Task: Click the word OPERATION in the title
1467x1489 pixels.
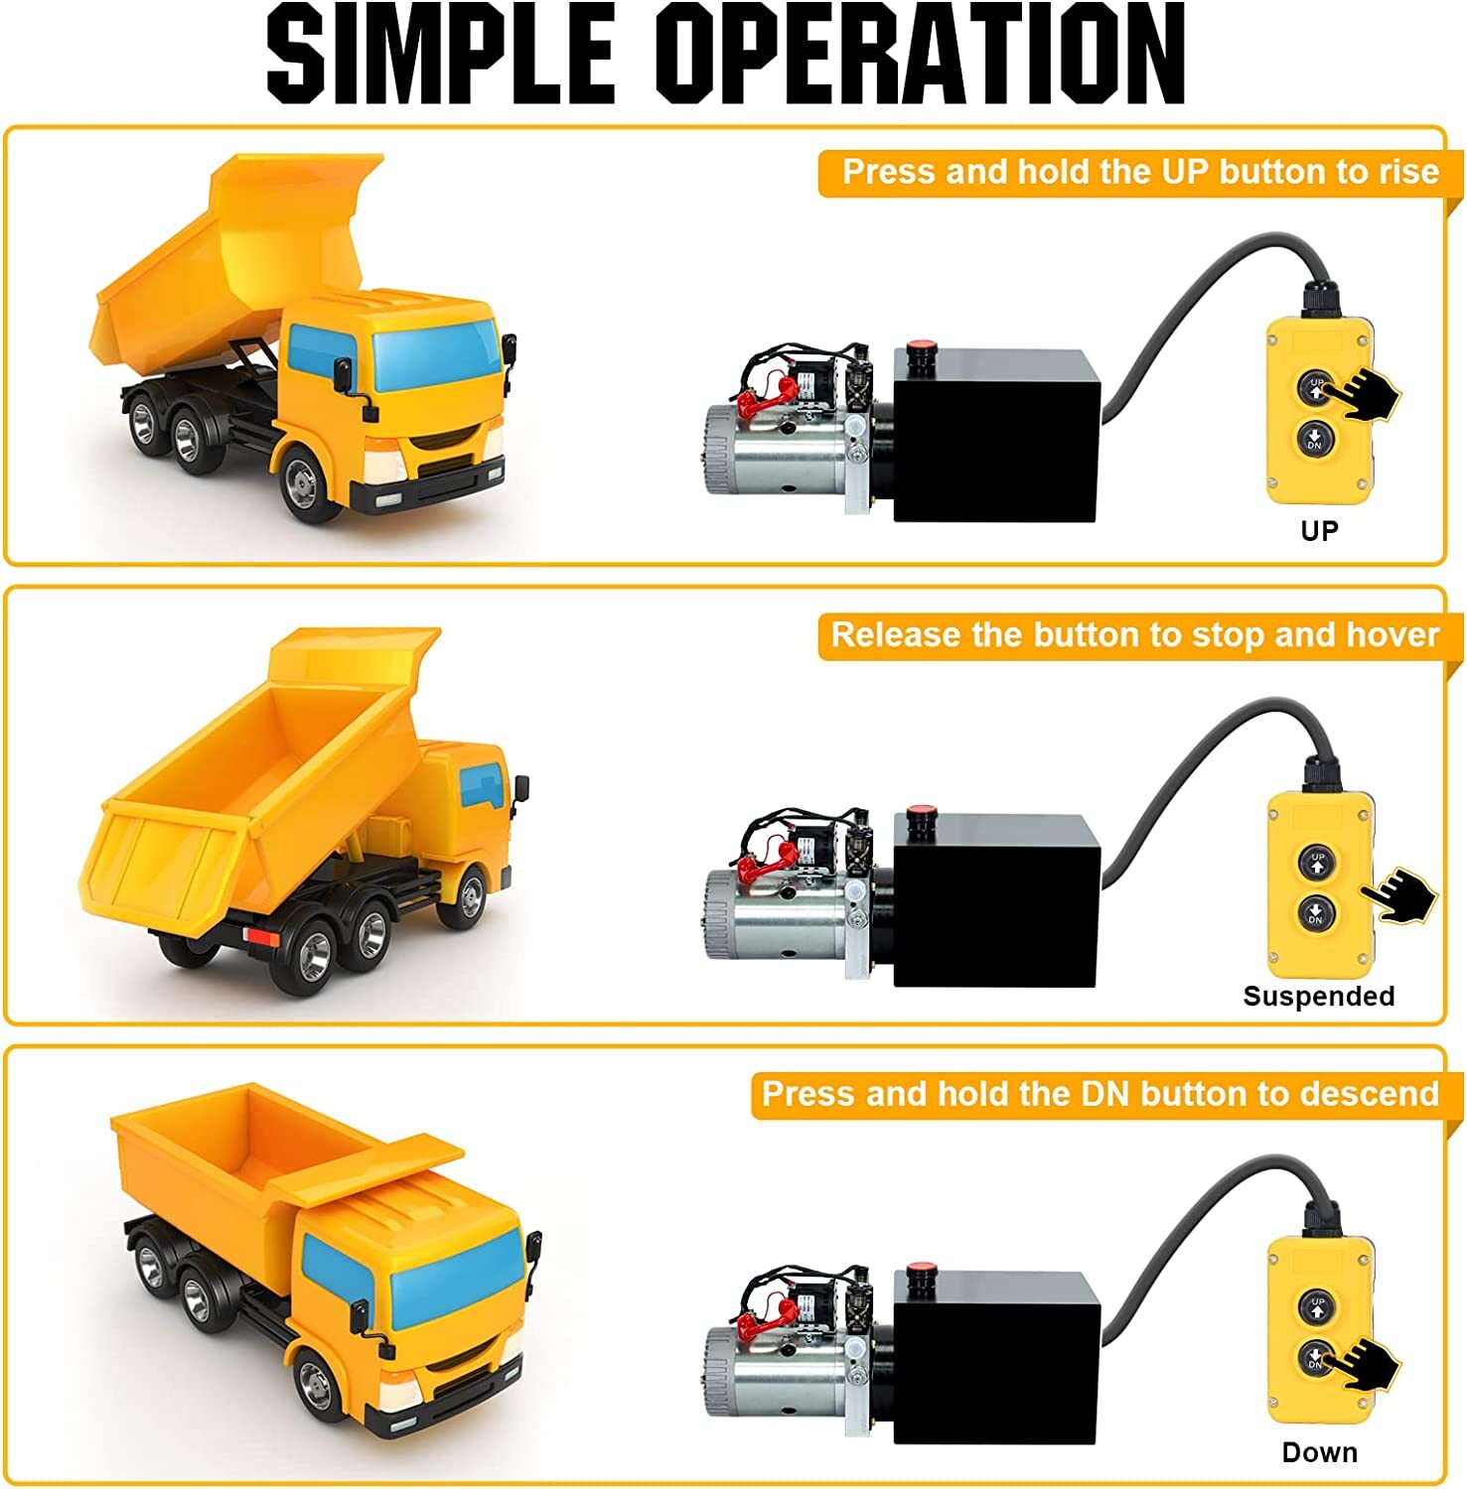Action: (x=921, y=54)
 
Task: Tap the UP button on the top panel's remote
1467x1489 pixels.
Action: (x=1316, y=386)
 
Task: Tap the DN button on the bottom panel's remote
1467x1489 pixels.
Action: (x=1315, y=1357)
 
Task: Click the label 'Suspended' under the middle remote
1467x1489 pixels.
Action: (x=1318, y=996)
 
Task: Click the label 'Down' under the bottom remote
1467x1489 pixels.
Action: (x=1319, y=1452)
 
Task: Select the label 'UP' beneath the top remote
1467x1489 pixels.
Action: (x=1319, y=531)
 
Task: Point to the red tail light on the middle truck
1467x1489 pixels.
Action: (x=261, y=936)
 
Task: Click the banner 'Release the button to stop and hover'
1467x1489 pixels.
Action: (x=1133, y=635)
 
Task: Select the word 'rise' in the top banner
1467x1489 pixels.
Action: (x=1408, y=172)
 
